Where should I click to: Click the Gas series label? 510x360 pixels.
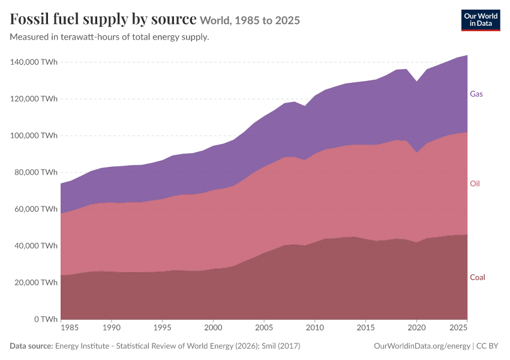pos(476,94)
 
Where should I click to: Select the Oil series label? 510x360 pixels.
pos(475,184)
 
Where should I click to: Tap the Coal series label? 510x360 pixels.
pos(478,277)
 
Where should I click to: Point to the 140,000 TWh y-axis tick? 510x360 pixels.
pos(34,62)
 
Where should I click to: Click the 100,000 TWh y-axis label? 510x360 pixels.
pos(34,135)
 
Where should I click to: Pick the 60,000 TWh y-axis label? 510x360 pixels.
pos(36,209)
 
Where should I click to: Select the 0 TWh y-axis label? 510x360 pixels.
pos(46,319)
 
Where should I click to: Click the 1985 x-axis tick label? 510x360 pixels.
pos(69,328)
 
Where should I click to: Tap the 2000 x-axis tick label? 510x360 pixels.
pos(213,328)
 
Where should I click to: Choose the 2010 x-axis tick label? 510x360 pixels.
pos(315,328)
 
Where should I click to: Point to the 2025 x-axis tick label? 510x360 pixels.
pos(458,328)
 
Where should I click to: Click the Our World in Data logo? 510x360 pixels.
pos(481,20)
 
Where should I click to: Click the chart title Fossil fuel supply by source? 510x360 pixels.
pos(103,19)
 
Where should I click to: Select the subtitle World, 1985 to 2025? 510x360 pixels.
pos(250,20)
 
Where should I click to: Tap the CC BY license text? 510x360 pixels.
pos(487,346)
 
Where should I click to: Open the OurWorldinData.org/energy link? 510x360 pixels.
pos(422,346)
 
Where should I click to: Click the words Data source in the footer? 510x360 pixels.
pos(31,346)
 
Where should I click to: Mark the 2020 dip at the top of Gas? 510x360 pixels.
pos(416,82)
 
